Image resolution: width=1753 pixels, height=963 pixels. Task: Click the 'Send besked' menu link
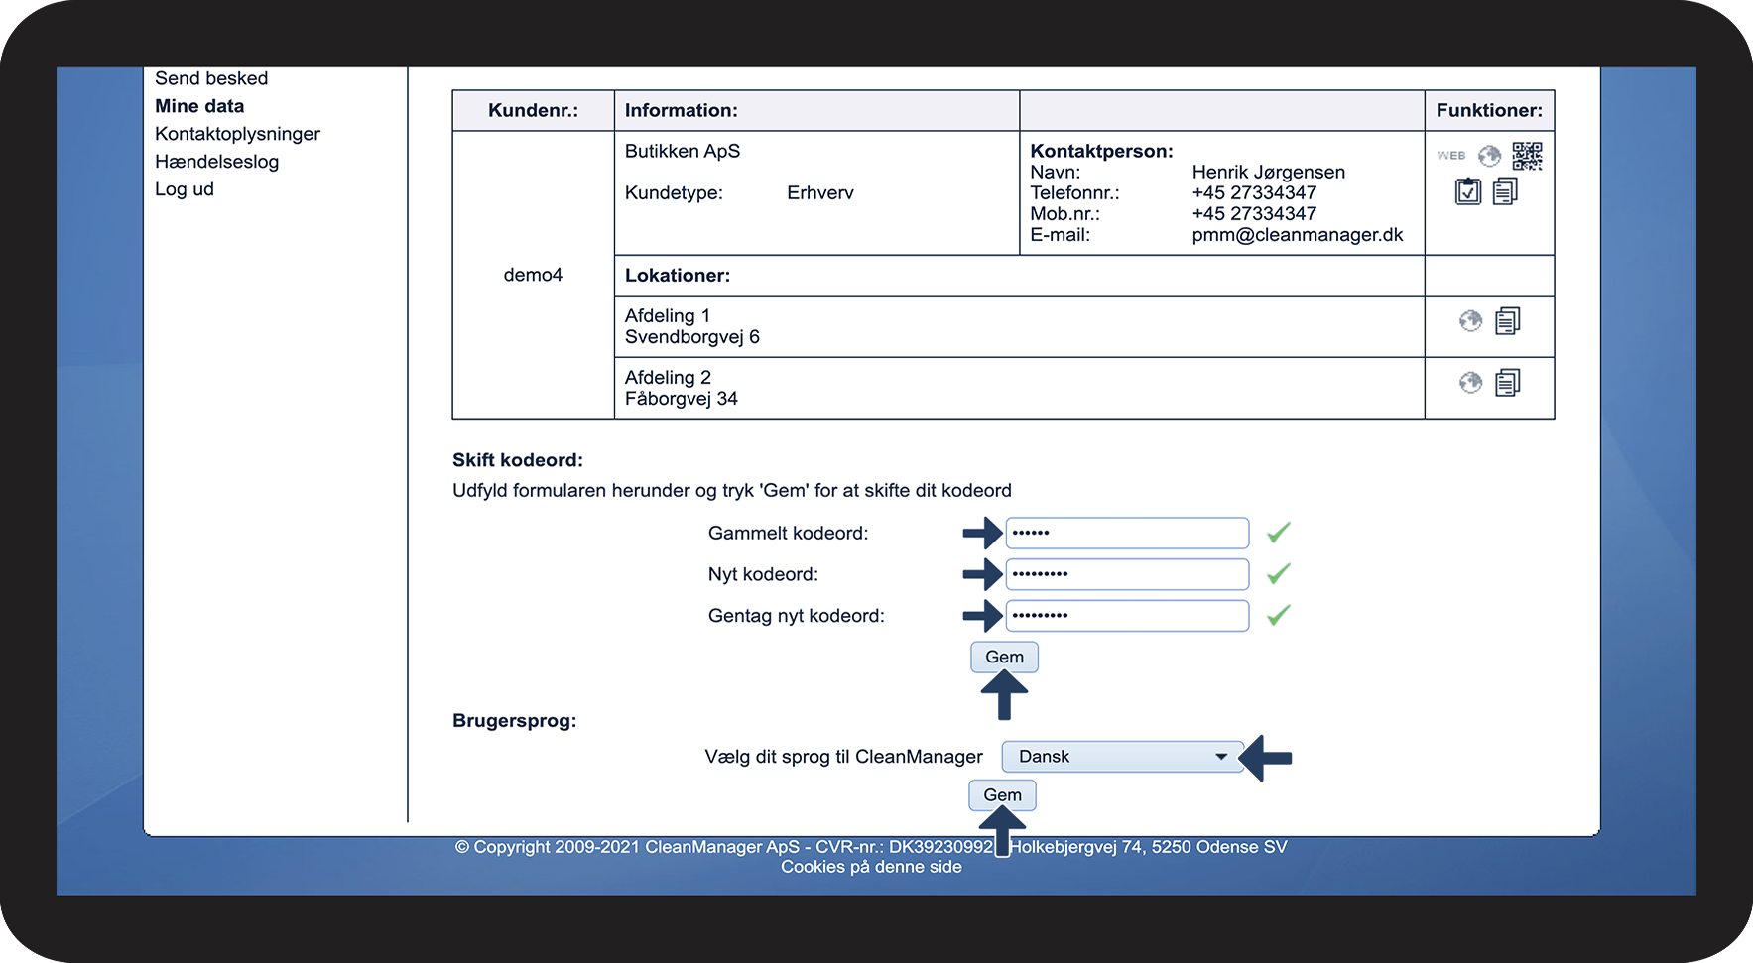(x=211, y=78)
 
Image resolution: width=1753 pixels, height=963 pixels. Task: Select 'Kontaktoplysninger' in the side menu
(x=237, y=134)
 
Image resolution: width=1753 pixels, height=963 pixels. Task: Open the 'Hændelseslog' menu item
(x=216, y=162)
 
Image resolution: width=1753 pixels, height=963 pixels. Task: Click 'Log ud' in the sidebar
(x=185, y=189)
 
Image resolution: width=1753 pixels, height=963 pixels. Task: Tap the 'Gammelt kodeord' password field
(x=1127, y=533)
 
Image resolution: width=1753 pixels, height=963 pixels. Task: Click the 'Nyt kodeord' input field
(x=1127, y=574)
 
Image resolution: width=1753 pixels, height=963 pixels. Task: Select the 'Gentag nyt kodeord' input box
(x=1127, y=616)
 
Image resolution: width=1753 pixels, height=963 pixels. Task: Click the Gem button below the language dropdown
(x=1002, y=795)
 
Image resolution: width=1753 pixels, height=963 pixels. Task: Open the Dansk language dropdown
(x=1122, y=757)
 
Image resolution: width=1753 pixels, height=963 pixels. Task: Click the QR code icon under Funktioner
(x=1527, y=156)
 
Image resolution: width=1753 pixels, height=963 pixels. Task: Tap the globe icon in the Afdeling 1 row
(x=1470, y=321)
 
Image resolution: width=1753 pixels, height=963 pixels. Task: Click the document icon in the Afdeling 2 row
(x=1507, y=383)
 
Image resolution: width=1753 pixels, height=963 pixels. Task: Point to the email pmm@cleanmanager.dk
(x=1297, y=235)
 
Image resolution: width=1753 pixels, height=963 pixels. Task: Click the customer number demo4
(x=533, y=275)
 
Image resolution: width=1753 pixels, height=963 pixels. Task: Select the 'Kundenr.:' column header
(x=533, y=111)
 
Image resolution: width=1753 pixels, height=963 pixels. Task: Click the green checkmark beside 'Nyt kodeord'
(x=1279, y=574)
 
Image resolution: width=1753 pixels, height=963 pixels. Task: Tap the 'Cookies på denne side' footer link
(x=871, y=867)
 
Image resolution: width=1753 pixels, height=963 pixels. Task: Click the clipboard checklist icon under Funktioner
(x=1467, y=191)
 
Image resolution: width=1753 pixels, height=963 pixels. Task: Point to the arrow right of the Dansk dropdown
(x=1267, y=758)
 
